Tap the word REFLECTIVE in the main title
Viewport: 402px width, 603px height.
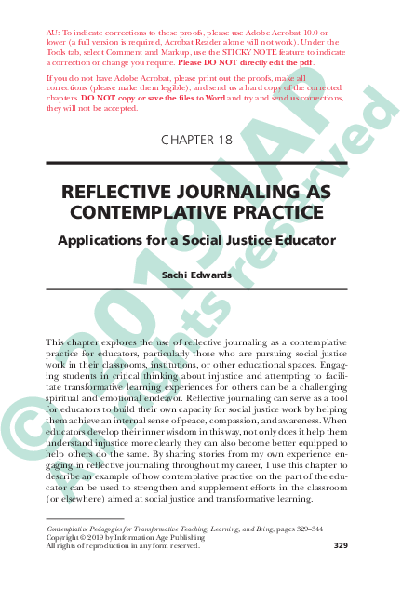point(119,193)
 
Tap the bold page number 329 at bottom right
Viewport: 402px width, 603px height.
point(337,545)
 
